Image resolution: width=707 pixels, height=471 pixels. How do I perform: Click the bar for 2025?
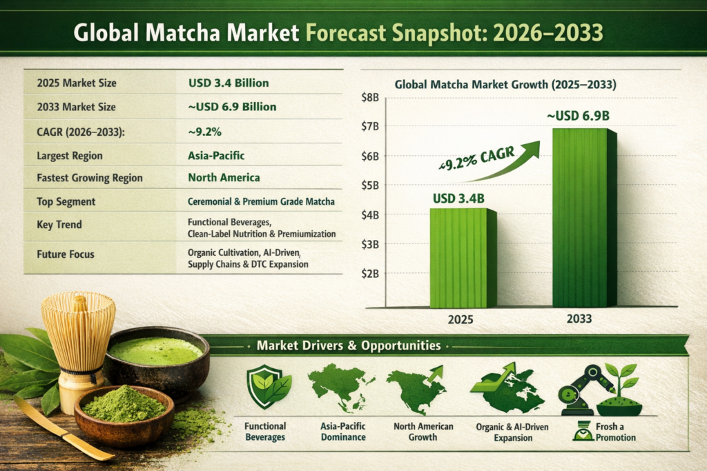pos(463,258)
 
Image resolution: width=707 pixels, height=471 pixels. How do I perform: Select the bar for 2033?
pos(583,217)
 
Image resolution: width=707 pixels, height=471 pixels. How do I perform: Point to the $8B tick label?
pos(369,98)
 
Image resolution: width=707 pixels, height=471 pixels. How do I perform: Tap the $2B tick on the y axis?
pos(369,274)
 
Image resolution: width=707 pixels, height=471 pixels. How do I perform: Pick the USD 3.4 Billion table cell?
pos(228,83)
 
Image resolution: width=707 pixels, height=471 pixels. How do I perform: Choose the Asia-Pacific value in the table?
pos(215,155)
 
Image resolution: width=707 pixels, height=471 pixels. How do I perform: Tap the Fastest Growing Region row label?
pos(89,178)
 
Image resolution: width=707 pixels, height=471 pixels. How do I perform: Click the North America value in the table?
pos(223,178)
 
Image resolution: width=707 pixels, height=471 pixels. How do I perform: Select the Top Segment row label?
pos(66,201)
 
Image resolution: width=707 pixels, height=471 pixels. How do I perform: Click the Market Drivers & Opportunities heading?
pos(348,345)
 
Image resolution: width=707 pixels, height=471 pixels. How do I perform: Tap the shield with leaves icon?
pos(265,388)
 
